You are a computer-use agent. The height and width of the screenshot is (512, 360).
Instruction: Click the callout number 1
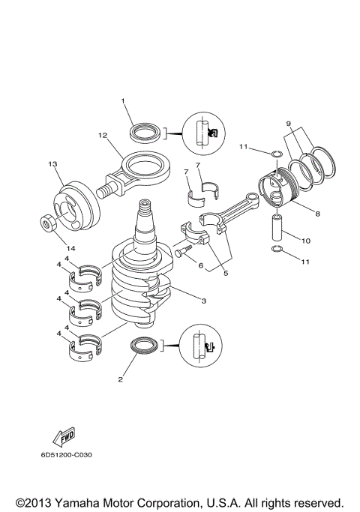[x=124, y=100]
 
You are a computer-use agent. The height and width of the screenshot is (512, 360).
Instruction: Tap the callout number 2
[x=121, y=379]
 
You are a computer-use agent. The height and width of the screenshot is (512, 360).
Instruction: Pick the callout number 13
[x=52, y=163]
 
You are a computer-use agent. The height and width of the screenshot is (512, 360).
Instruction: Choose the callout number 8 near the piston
[x=317, y=214]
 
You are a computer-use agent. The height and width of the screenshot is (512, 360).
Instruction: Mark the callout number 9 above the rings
[x=287, y=123]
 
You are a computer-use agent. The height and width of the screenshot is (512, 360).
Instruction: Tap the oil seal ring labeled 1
[x=144, y=133]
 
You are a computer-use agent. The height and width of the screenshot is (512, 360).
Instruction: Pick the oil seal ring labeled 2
[x=144, y=346]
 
